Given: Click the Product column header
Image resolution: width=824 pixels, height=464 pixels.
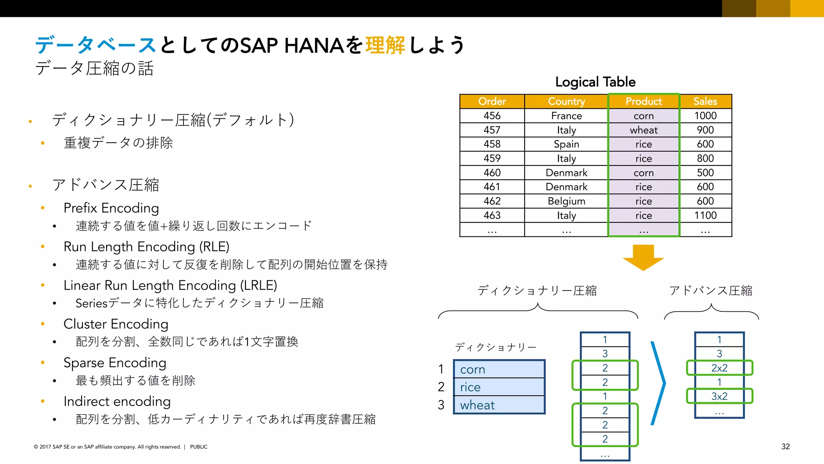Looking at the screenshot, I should pyautogui.click(x=643, y=101).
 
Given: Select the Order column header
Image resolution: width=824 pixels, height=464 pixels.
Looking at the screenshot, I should pyautogui.click(x=492, y=101).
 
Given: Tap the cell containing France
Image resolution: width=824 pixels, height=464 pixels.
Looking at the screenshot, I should pyautogui.click(x=566, y=116).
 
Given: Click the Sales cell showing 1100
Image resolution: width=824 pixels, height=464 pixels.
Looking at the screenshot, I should pyautogui.click(x=705, y=215).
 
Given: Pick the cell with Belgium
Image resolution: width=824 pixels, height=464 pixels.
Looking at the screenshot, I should pyautogui.click(x=566, y=201).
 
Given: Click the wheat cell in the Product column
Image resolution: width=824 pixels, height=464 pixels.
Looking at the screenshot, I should pyautogui.click(x=643, y=130).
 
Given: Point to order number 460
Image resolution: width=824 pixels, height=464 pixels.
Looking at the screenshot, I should pyautogui.click(x=492, y=173).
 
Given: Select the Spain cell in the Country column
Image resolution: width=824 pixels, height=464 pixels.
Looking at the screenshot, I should pyautogui.click(x=566, y=144).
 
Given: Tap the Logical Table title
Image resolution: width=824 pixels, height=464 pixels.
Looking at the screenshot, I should pyautogui.click(x=595, y=82).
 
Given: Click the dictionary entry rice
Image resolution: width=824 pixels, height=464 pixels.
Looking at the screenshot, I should pyautogui.click(x=499, y=387).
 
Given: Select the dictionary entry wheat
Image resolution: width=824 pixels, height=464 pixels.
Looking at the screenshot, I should pyautogui.click(x=499, y=405).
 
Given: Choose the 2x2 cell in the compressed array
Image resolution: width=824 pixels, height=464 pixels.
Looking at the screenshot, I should pyautogui.click(x=719, y=368).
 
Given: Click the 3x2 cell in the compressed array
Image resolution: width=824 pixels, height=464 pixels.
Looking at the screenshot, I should pyautogui.click(x=719, y=396).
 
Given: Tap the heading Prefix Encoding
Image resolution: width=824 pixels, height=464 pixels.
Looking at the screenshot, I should pyautogui.click(x=111, y=208).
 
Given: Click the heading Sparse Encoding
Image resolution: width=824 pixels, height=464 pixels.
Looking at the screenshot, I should pyautogui.click(x=115, y=362).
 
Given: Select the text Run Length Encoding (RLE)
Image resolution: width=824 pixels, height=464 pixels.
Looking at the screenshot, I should pyautogui.click(x=146, y=246).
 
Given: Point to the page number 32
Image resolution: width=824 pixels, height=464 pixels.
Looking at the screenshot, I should pyautogui.click(x=785, y=446).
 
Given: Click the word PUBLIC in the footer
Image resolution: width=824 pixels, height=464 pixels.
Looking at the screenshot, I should pyautogui.click(x=199, y=447).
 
